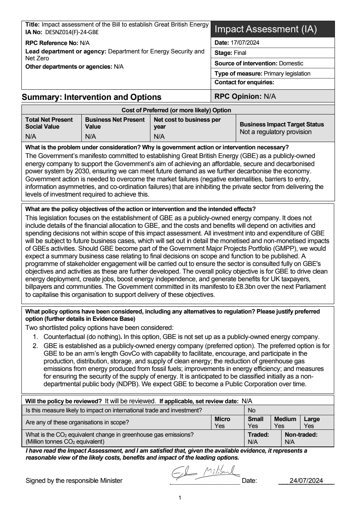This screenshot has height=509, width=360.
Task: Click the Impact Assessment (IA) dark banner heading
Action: tap(266, 29)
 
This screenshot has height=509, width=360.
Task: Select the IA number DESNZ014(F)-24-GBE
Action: tap(72, 32)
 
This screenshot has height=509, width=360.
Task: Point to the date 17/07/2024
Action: tap(245, 43)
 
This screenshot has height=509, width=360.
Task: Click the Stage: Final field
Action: tap(230, 53)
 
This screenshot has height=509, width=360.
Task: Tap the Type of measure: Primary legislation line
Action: tap(262, 73)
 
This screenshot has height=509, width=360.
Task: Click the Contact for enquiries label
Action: tap(244, 82)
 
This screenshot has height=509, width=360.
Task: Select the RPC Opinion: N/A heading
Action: tap(245, 96)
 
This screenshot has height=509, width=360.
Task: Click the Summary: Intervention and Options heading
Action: tap(92, 97)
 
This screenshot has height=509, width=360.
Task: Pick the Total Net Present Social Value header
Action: tap(49, 123)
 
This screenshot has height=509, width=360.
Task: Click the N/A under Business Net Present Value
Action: tap(90, 137)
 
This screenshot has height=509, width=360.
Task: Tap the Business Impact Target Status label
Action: tap(282, 124)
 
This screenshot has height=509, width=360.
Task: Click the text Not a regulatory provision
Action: tap(275, 132)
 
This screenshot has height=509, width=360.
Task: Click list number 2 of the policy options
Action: tap(35, 346)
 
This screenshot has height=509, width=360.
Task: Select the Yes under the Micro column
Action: tap(219, 426)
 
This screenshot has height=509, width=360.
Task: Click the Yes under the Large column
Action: tap(309, 426)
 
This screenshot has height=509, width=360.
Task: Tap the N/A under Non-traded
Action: tap(290, 442)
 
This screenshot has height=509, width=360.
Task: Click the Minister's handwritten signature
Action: tap(205, 473)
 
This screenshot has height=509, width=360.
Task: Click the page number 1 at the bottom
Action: tap(180, 498)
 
